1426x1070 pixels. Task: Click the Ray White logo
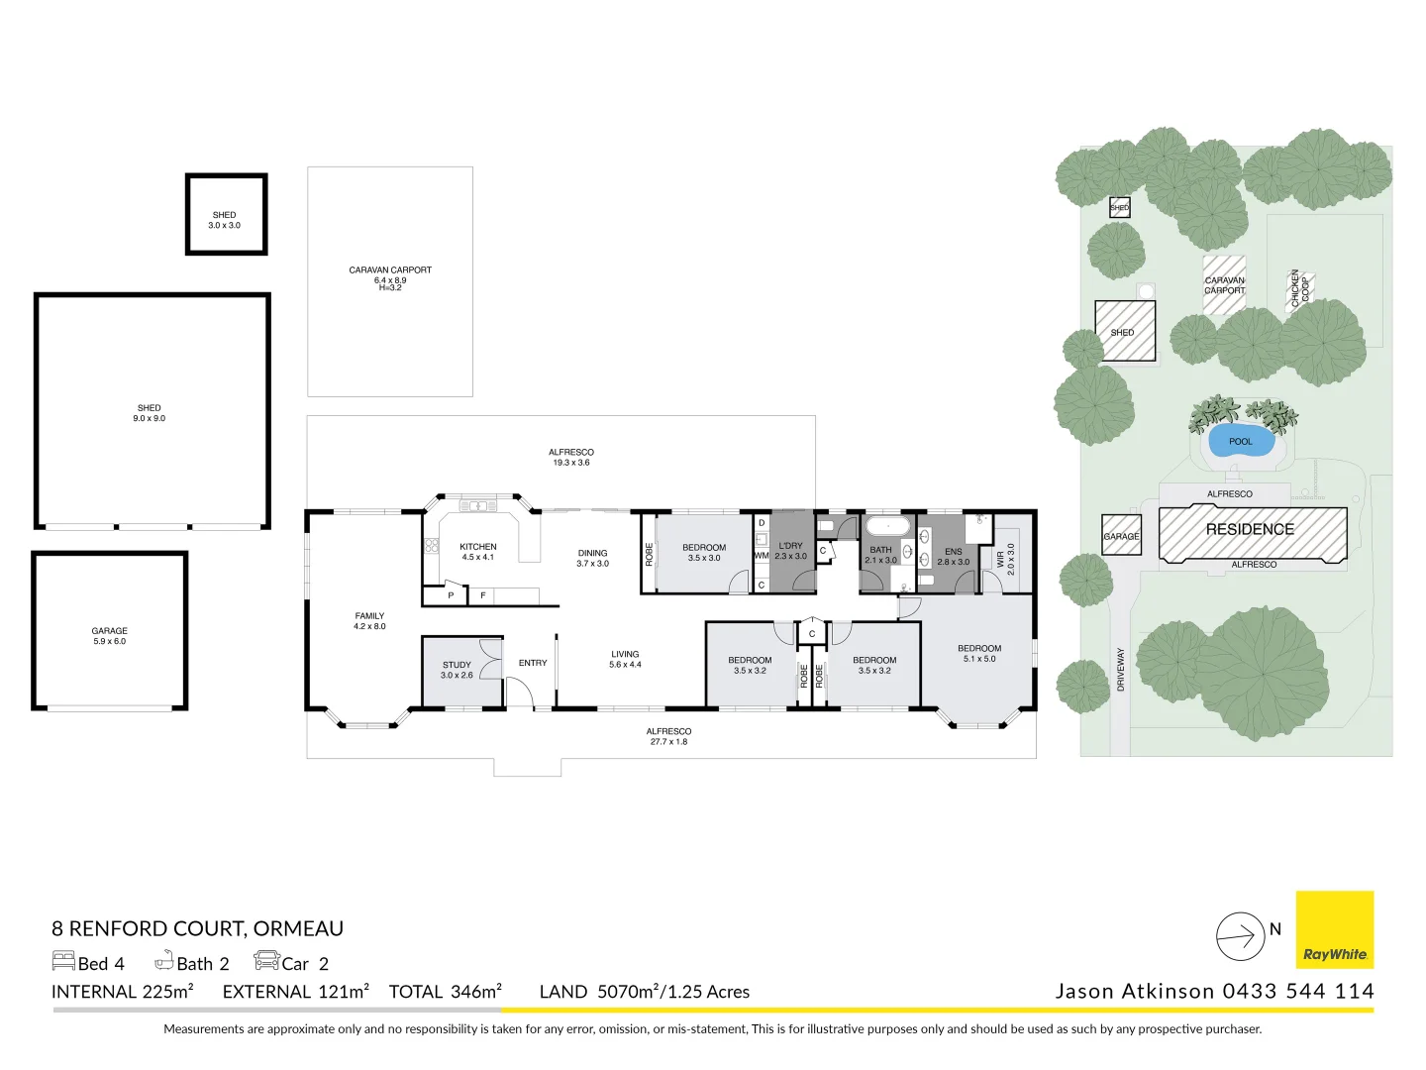coord(1334,929)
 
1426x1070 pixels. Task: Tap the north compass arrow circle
coord(1240,935)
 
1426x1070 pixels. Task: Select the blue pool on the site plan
coord(1241,442)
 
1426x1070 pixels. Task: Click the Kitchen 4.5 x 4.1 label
coord(477,552)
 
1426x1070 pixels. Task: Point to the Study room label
coord(457,670)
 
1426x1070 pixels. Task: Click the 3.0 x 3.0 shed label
coord(224,220)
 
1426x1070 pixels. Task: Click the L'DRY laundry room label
coord(790,551)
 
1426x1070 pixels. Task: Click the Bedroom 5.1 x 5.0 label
coord(979,653)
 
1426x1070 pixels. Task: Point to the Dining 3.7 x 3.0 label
coord(592,559)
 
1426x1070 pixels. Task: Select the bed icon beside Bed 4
coord(63,961)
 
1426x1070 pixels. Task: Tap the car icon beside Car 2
coord(266,961)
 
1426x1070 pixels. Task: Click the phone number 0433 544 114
coord(1298,991)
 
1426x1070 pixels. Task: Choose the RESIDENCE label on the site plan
coord(1250,529)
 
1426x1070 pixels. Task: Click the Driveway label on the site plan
coord(1121,670)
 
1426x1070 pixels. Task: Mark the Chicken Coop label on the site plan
coord(1299,288)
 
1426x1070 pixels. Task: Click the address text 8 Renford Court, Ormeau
coord(197,928)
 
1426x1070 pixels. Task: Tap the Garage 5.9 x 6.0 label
coord(109,636)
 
